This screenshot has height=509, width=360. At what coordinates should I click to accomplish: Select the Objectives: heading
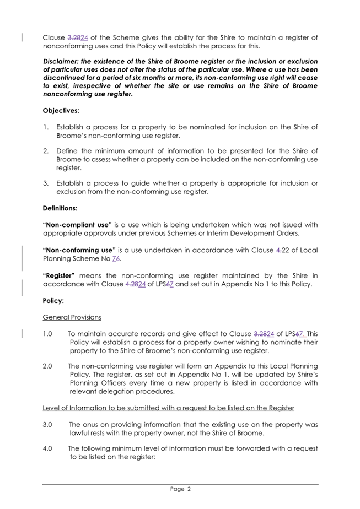point(61,111)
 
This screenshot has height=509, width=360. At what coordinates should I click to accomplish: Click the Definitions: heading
point(61,209)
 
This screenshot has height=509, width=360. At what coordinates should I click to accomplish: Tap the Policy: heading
point(54,302)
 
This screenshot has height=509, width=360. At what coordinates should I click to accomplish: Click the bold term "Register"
point(63,275)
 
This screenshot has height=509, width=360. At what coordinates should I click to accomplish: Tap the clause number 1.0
point(48,334)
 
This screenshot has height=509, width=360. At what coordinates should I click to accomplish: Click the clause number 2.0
point(48,366)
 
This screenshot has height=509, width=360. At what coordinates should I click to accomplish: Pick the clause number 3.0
point(48,425)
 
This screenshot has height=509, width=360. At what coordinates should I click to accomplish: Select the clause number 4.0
point(48,448)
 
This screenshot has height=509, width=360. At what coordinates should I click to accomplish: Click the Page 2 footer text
point(180,489)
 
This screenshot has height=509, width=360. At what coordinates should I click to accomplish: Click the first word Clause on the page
point(53,37)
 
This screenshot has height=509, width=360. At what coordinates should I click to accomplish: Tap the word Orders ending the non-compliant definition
point(283,234)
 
